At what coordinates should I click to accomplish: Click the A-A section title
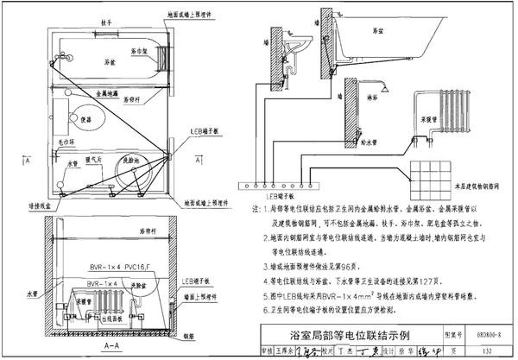coord(109,344)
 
